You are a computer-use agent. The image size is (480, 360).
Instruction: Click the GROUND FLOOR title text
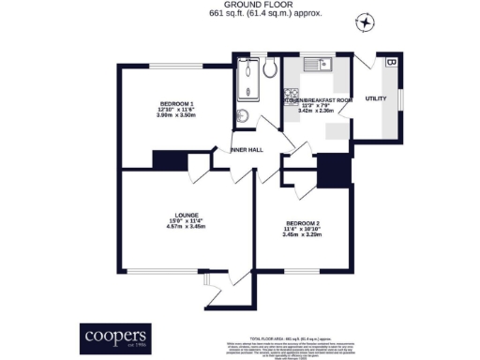tap(241, 5)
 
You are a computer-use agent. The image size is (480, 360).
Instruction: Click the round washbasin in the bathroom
tap(241, 116)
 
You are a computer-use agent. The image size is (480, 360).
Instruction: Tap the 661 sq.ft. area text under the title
tap(241, 14)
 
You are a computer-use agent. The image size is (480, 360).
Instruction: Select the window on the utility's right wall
tap(400, 97)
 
